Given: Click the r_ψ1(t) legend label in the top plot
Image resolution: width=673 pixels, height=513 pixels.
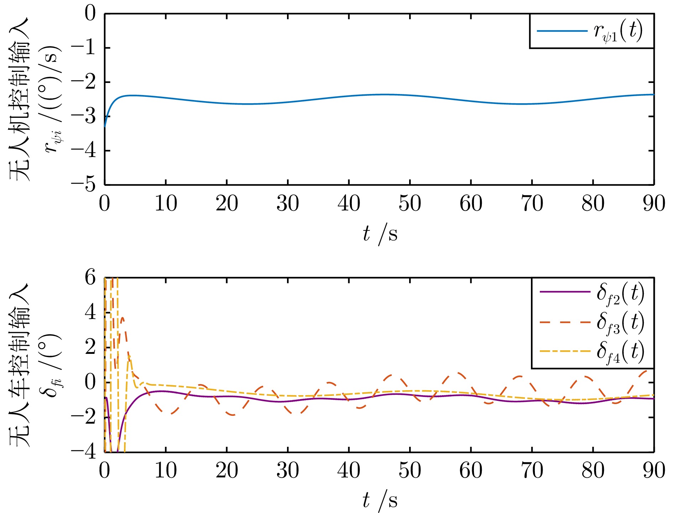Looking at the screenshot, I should click(x=618, y=31).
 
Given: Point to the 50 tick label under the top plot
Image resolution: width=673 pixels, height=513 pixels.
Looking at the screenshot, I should click(x=410, y=204).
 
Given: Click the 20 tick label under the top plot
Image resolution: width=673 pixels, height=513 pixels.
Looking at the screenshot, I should click(x=227, y=204).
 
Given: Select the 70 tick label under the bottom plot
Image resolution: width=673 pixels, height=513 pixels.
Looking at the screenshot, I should click(x=532, y=471).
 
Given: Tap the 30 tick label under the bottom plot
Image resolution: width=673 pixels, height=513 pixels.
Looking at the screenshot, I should click(x=288, y=471).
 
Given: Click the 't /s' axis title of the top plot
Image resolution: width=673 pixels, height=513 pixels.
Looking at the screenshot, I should click(x=380, y=234).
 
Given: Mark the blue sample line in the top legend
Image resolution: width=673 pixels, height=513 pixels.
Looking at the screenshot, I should click(x=562, y=31).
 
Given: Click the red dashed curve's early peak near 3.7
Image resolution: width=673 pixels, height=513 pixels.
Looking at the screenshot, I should click(x=122, y=318).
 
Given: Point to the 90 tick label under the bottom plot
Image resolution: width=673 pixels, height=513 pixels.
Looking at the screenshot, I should click(x=654, y=471).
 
